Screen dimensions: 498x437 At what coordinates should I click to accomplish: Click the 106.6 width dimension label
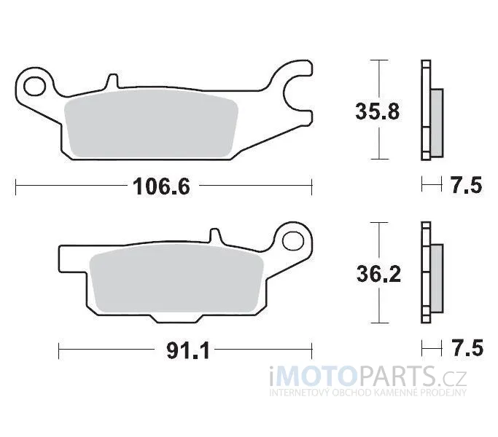[x=162, y=186]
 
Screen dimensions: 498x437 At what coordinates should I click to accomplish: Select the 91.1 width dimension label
[x=188, y=351]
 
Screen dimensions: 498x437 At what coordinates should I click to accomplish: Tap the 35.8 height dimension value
[x=377, y=111]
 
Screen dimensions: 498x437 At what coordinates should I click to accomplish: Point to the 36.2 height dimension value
[x=378, y=274]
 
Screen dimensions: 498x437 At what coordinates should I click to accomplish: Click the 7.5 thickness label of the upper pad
[x=466, y=185]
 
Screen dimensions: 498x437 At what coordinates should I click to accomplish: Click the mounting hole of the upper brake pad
[x=34, y=86]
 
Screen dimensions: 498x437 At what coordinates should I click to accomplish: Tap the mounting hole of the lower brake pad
[x=292, y=240]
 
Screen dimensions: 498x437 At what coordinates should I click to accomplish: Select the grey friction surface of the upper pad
[x=151, y=124]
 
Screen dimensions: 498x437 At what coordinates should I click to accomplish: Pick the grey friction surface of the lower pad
[x=176, y=279]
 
